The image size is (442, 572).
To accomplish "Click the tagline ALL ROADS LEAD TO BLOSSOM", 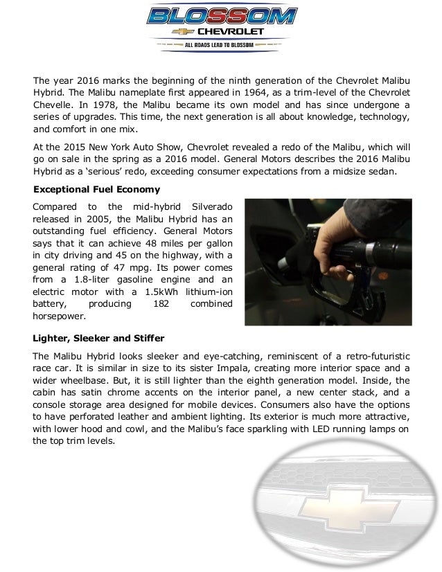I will (x=222, y=45).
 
